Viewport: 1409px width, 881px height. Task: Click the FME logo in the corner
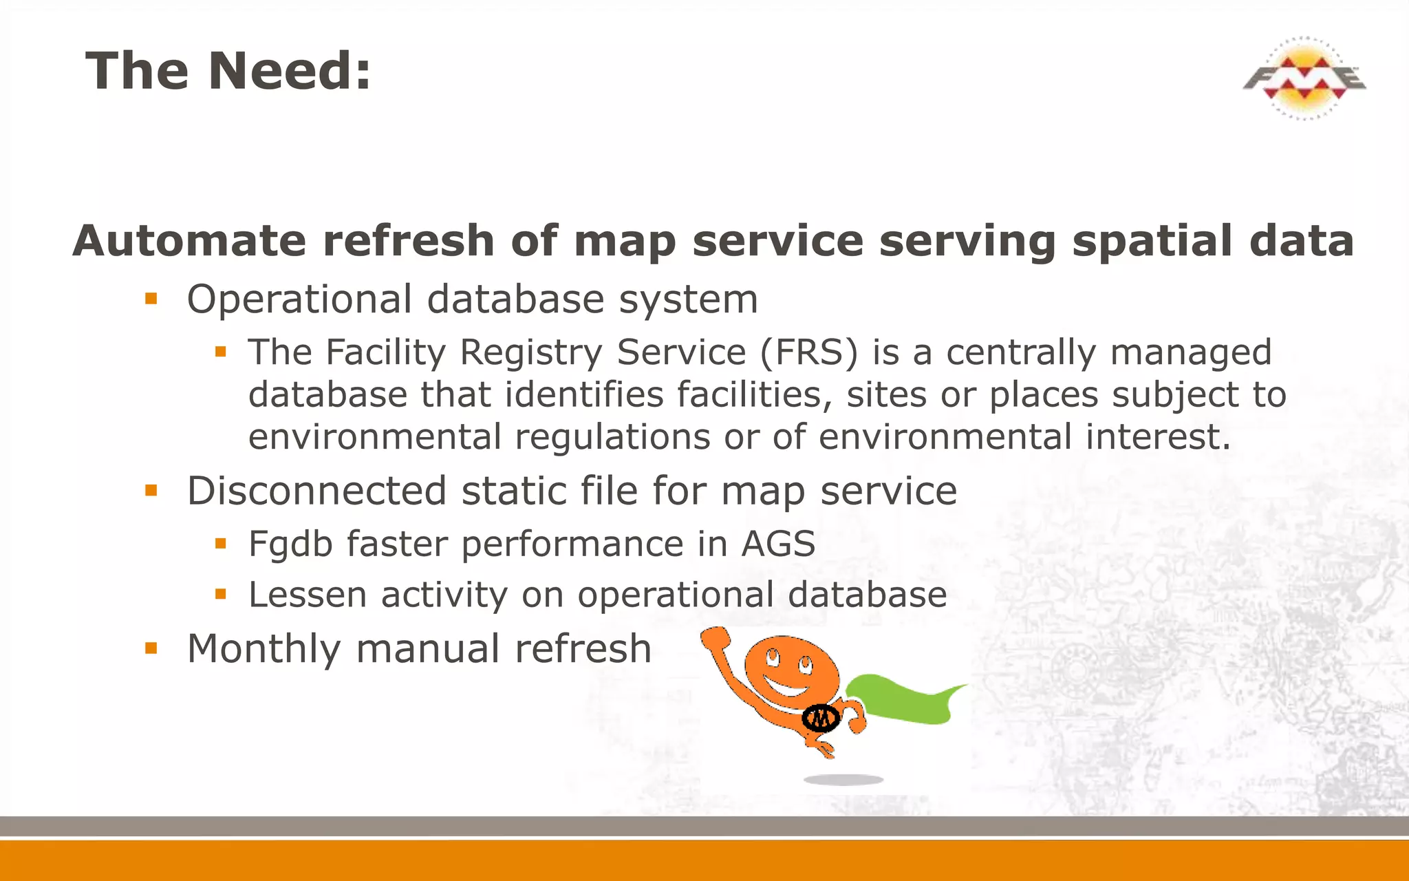pyautogui.click(x=1304, y=78)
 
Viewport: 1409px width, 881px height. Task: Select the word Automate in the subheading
pyautogui.click(x=189, y=241)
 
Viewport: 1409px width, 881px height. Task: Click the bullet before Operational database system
pyautogui.click(x=151, y=299)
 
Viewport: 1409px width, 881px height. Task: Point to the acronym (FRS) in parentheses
pyautogui.click(x=809, y=352)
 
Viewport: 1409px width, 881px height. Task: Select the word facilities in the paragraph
pyautogui.click(x=753, y=394)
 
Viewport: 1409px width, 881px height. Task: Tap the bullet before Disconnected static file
pyautogui.click(x=151, y=491)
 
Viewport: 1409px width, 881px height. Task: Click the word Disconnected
pyautogui.click(x=316, y=491)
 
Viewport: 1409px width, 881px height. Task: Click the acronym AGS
pyautogui.click(x=777, y=544)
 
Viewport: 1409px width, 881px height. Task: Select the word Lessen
pyautogui.click(x=308, y=595)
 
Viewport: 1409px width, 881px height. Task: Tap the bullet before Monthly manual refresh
pyautogui.click(x=151, y=648)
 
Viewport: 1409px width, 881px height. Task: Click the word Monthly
pyautogui.click(x=263, y=648)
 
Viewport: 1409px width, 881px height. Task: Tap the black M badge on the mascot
pyautogui.click(x=821, y=719)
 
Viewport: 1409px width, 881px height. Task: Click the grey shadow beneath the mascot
pyautogui.click(x=843, y=780)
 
